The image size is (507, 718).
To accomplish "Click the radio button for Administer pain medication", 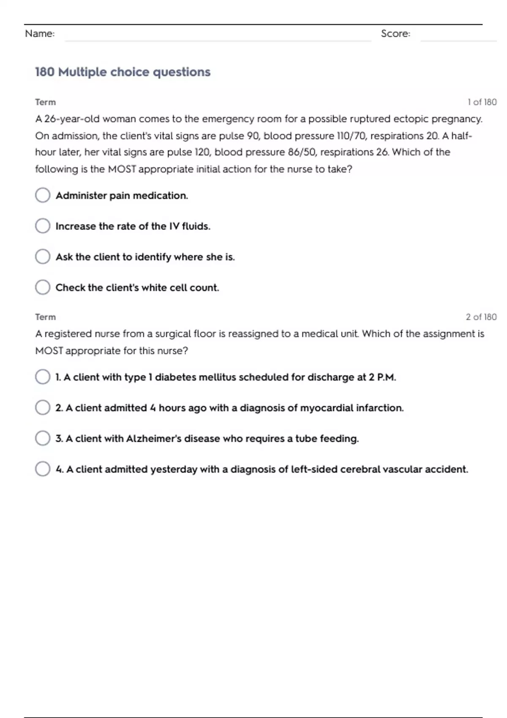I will [x=43, y=195].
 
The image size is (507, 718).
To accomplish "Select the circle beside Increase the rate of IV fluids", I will [x=43, y=226].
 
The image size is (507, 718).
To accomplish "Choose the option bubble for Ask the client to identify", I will [x=43, y=256].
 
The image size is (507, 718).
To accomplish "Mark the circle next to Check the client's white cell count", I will [x=43, y=287].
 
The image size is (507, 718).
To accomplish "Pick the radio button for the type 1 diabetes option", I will [x=43, y=377].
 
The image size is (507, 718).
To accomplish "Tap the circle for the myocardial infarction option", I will [x=43, y=408].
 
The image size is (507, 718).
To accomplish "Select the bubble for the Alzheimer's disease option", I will [x=43, y=438].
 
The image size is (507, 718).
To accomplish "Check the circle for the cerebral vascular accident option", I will [x=43, y=469].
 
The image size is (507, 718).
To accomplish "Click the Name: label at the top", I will [x=40, y=34].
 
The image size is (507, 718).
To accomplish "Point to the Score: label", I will [x=395, y=34].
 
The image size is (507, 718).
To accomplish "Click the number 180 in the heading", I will [x=45, y=72].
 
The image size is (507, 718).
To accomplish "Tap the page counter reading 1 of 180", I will [x=482, y=102].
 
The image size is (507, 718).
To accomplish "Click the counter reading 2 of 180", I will [x=481, y=317].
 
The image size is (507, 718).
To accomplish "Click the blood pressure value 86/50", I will [x=302, y=152].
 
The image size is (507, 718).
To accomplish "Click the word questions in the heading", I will [x=182, y=72].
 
